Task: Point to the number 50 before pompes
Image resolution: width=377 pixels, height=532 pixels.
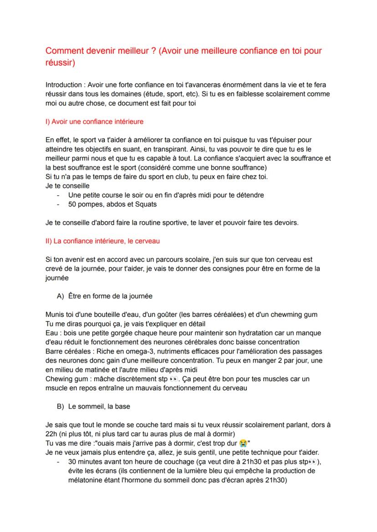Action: pyautogui.click(x=72, y=204)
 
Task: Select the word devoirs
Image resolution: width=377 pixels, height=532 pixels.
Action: pyautogui.click(x=285, y=223)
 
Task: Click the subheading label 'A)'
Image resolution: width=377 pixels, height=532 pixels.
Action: pyautogui.click(x=60, y=296)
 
